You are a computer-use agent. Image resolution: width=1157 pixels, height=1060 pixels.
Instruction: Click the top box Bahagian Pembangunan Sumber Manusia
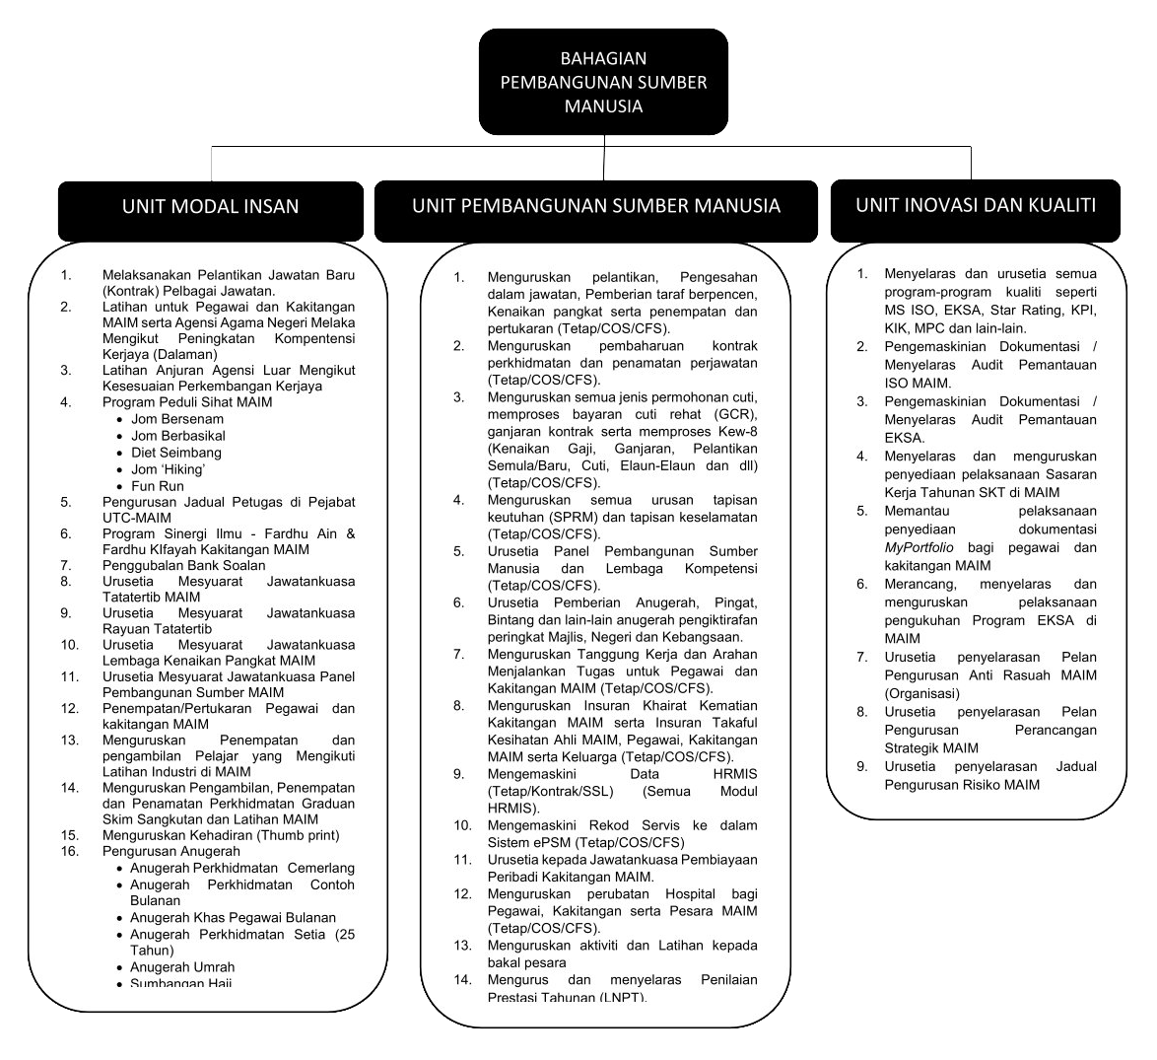(x=603, y=82)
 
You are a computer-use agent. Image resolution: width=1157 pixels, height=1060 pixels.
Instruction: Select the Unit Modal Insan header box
(x=210, y=207)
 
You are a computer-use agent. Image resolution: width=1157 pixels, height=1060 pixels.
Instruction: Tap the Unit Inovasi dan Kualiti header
(x=975, y=205)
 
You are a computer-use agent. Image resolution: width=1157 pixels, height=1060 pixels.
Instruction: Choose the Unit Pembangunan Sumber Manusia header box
(x=595, y=206)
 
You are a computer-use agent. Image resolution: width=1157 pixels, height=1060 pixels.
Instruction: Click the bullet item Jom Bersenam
(x=177, y=419)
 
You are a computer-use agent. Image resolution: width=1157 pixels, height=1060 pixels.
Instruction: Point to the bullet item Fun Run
(x=158, y=486)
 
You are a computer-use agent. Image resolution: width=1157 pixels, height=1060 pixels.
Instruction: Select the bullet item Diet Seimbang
(x=176, y=453)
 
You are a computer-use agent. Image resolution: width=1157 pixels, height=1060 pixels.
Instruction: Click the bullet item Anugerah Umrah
(x=182, y=967)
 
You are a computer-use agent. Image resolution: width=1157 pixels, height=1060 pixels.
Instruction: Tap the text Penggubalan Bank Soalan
(x=183, y=566)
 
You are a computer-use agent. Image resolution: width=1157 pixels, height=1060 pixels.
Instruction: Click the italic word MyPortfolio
(x=919, y=547)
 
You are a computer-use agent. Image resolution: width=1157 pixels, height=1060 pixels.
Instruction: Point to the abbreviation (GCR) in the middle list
(x=734, y=414)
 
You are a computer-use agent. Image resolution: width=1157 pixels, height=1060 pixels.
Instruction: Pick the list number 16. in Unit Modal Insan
(x=69, y=851)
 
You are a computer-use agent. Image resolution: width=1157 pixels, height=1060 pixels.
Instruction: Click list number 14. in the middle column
(x=463, y=980)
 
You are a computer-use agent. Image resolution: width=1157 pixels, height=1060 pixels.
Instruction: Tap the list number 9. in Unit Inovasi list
(x=861, y=766)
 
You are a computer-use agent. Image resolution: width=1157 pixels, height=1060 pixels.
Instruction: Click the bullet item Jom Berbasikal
(x=178, y=436)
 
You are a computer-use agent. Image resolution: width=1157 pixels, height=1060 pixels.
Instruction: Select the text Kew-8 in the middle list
(x=738, y=432)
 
